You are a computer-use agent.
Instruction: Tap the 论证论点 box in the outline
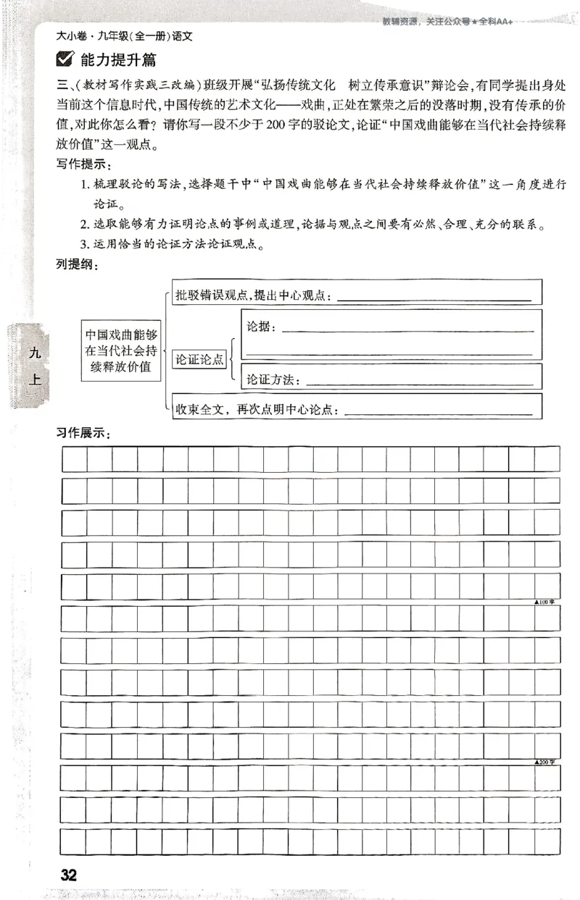coord(199,359)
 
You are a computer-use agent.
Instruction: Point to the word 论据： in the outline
coord(262,327)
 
